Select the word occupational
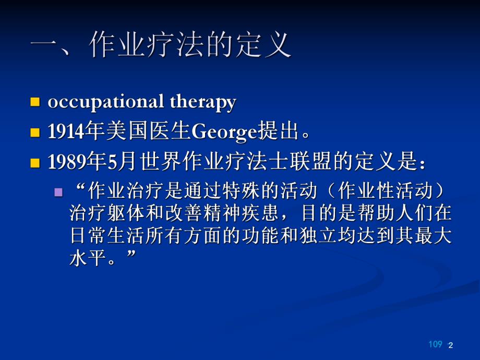(107, 102)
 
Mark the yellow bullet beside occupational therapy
(35, 102)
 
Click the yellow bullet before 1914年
(35, 132)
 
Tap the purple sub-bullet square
(58, 191)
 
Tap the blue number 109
(435, 344)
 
